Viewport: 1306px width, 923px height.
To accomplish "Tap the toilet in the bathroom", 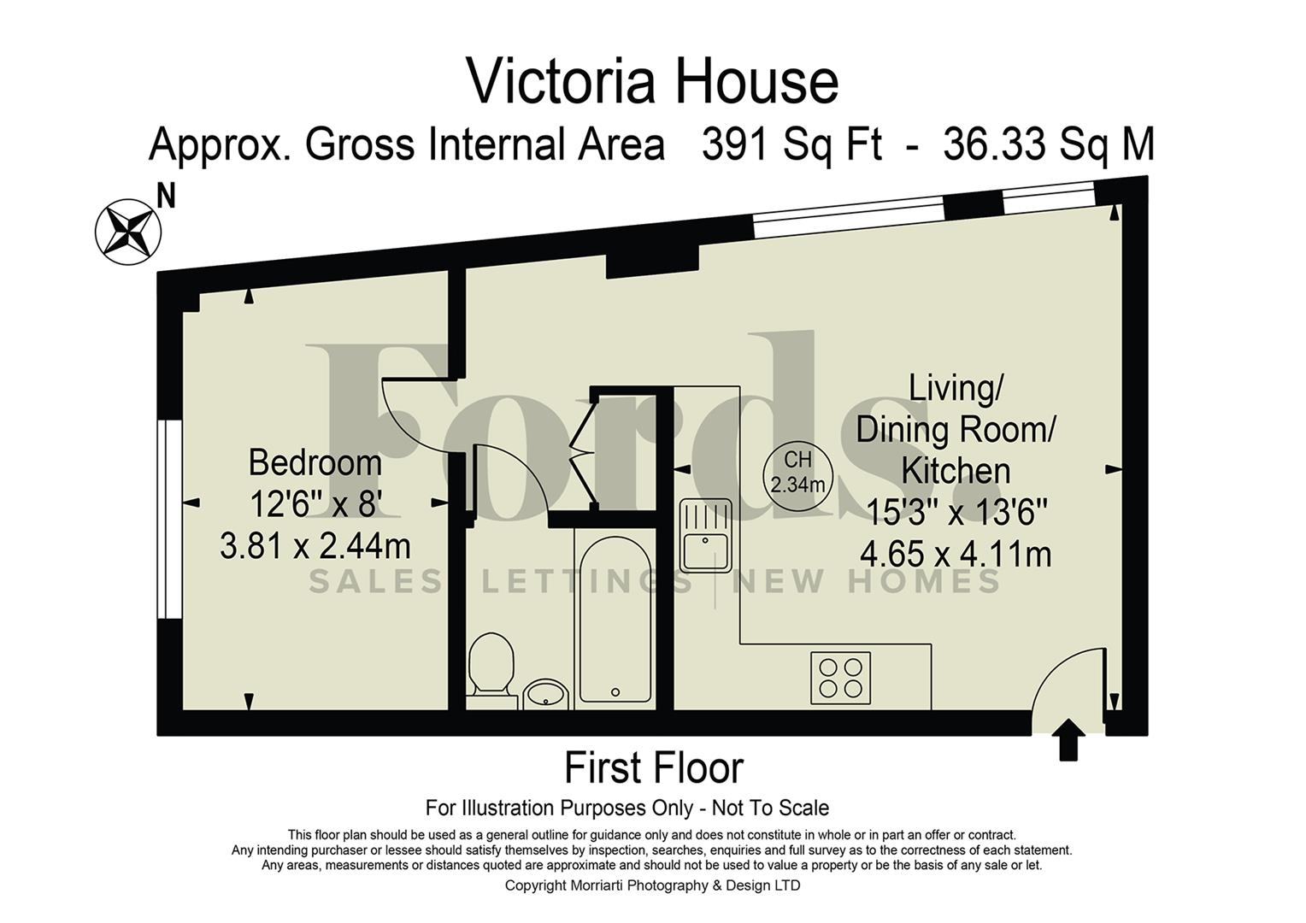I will [x=491, y=665].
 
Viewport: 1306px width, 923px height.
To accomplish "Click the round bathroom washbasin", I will [x=545, y=693].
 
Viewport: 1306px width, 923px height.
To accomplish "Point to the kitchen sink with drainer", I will [x=705, y=535].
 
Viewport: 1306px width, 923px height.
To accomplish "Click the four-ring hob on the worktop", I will [x=840, y=677].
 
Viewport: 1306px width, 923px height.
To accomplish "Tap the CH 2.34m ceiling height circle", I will [x=797, y=473].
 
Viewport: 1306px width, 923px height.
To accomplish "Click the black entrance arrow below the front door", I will [x=1068, y=739].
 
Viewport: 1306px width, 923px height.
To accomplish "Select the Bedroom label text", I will [x=315, y=463].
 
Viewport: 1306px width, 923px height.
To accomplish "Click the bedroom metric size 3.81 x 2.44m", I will [x=315, y=545].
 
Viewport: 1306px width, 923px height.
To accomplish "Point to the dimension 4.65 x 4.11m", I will [x=955, y=555].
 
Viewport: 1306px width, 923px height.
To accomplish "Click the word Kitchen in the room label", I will [x=956, y=472].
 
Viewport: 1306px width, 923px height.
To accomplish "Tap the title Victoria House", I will [x=652, y=82].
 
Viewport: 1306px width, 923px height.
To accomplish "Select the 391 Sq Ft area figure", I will [x=791, y=144].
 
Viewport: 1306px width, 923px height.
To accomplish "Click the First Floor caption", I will [x=654, y=767].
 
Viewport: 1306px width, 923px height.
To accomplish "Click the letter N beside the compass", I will [x=167, y=197].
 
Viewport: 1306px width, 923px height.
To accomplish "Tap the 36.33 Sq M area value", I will [x=1049, y=144].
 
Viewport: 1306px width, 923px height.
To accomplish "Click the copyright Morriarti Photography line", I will [x=652, y=885].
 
